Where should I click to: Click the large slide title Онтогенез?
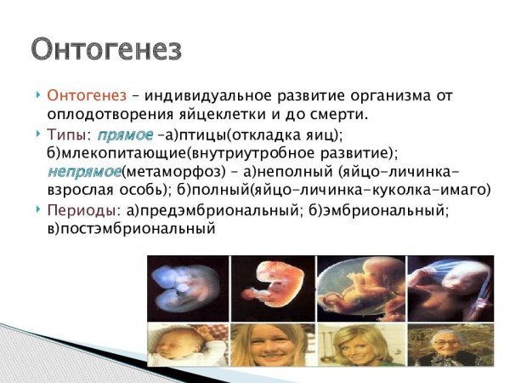point(106,49)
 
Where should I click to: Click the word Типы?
point(66,134)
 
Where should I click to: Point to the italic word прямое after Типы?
point(124,134)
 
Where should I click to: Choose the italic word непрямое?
point(84,171)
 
